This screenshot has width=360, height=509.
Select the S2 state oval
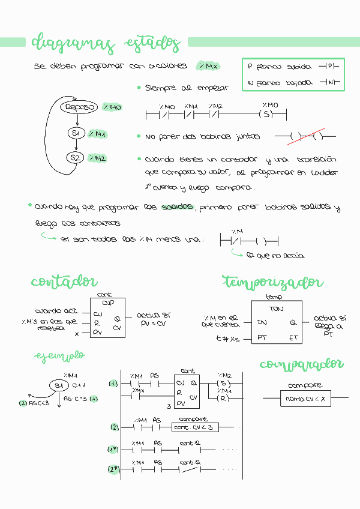75,158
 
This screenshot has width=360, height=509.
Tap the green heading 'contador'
64,282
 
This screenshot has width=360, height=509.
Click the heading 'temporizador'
272,282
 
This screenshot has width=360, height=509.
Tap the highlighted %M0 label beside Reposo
112,107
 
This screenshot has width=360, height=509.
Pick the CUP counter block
108,318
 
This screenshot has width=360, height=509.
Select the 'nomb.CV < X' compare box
306,398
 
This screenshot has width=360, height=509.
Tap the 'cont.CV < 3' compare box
194,427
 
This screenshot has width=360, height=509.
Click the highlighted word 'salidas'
177,207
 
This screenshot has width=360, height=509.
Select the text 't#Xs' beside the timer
228,339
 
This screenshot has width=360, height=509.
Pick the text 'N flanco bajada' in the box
280,83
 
